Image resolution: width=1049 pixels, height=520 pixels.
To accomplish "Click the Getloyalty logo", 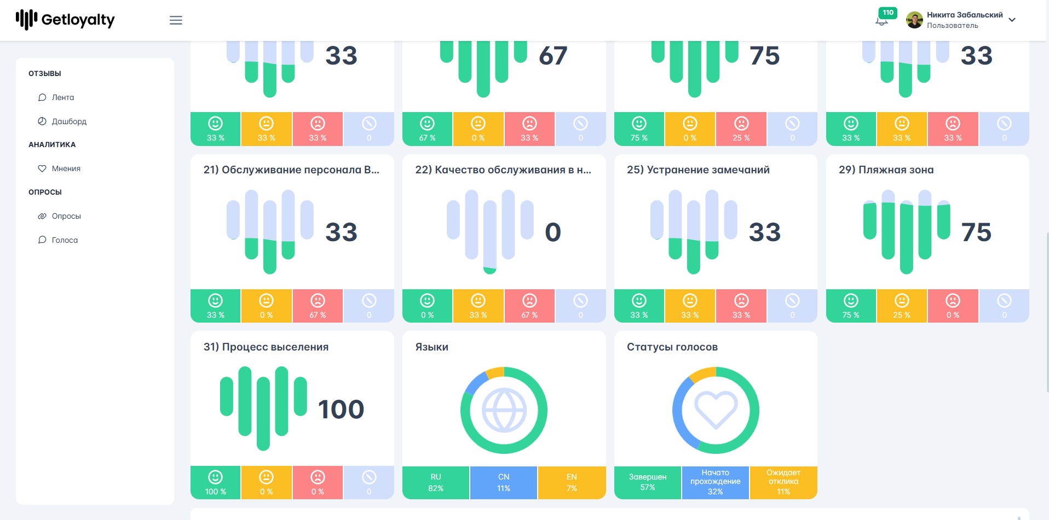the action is click(x=65, y=20).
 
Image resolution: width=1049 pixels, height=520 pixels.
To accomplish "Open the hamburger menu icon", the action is click(x=176, y=20).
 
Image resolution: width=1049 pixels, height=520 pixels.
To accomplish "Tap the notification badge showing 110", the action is click(x=887, y=13).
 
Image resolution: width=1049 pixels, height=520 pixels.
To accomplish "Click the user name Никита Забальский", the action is click(x=965, y=15).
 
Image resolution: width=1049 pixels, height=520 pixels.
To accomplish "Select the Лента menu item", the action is click(x=63, y=97).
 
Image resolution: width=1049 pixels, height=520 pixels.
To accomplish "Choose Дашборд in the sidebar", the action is click(x=69, y=121).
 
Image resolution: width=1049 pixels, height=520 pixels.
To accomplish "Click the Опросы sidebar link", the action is click(x=66, y=216).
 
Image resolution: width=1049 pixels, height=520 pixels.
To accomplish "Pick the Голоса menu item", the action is click(x=65, y=240).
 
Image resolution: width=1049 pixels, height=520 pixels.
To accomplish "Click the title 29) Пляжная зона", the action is click(x=886, y=170).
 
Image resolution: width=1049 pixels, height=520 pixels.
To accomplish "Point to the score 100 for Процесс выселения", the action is click(x=341, y=410).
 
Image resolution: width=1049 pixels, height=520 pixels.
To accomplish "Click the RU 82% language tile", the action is click(x=436, y=483).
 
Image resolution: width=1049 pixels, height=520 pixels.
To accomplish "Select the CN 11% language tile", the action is click(x=504, y=483).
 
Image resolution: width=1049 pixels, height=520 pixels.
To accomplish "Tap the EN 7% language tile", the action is click(x=572, y=483).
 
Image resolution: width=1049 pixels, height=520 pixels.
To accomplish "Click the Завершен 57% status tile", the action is click(x=648, y=483).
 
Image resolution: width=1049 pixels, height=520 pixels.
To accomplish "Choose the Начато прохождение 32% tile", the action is click(x=716, y=483).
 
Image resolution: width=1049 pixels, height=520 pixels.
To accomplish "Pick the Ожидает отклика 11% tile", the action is click(x=783, y=483).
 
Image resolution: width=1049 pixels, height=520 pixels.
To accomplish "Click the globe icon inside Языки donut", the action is click(x=504, y=410).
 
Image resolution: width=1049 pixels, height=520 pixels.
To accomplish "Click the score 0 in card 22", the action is click(x=553, y=232).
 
